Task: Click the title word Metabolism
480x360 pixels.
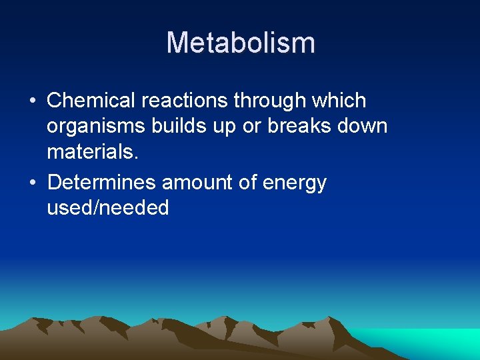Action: (240, 43)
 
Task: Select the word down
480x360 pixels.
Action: (363, 127)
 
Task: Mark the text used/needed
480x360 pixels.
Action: (107, 209)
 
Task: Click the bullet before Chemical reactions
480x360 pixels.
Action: (31, 101)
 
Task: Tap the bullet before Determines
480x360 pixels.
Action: (31, 183)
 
